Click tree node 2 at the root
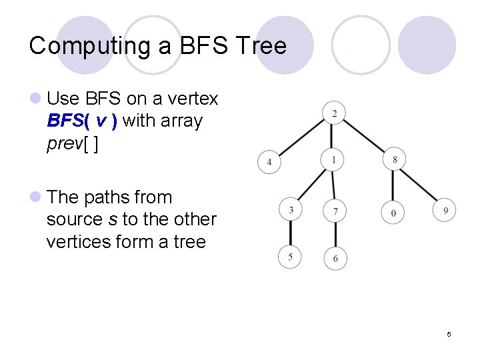pyautogui.click(x=334, y=113)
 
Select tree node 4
pyautogui.click(x=269, y=162)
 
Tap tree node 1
pyautogui.click(x=333, y=159)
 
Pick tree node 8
pyautogui.click(x=395, y=159)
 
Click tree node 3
pyautogui.click(x=291, y=211)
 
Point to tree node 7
pyautogui.click(x=335, y=211)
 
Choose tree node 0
pyautogui.click(x=393, y=212)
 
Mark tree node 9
pyautogui.click(x=445, y=211)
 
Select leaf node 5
pyautogui.click(x=290, y=257)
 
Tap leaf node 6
pyautogui.click(x=335, y=258)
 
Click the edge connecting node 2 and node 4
pyautogui.click(x=301, y=137)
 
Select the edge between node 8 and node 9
pyautogui.click(x=419, y=185)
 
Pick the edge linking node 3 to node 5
pyautogui.click(x=291, y=233)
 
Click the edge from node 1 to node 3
pyautogui.click(x=312, y=185)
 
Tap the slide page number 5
pyautogui.click(x=449, y=334)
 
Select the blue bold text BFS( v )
pyautogui.click(x=83, y=121)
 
